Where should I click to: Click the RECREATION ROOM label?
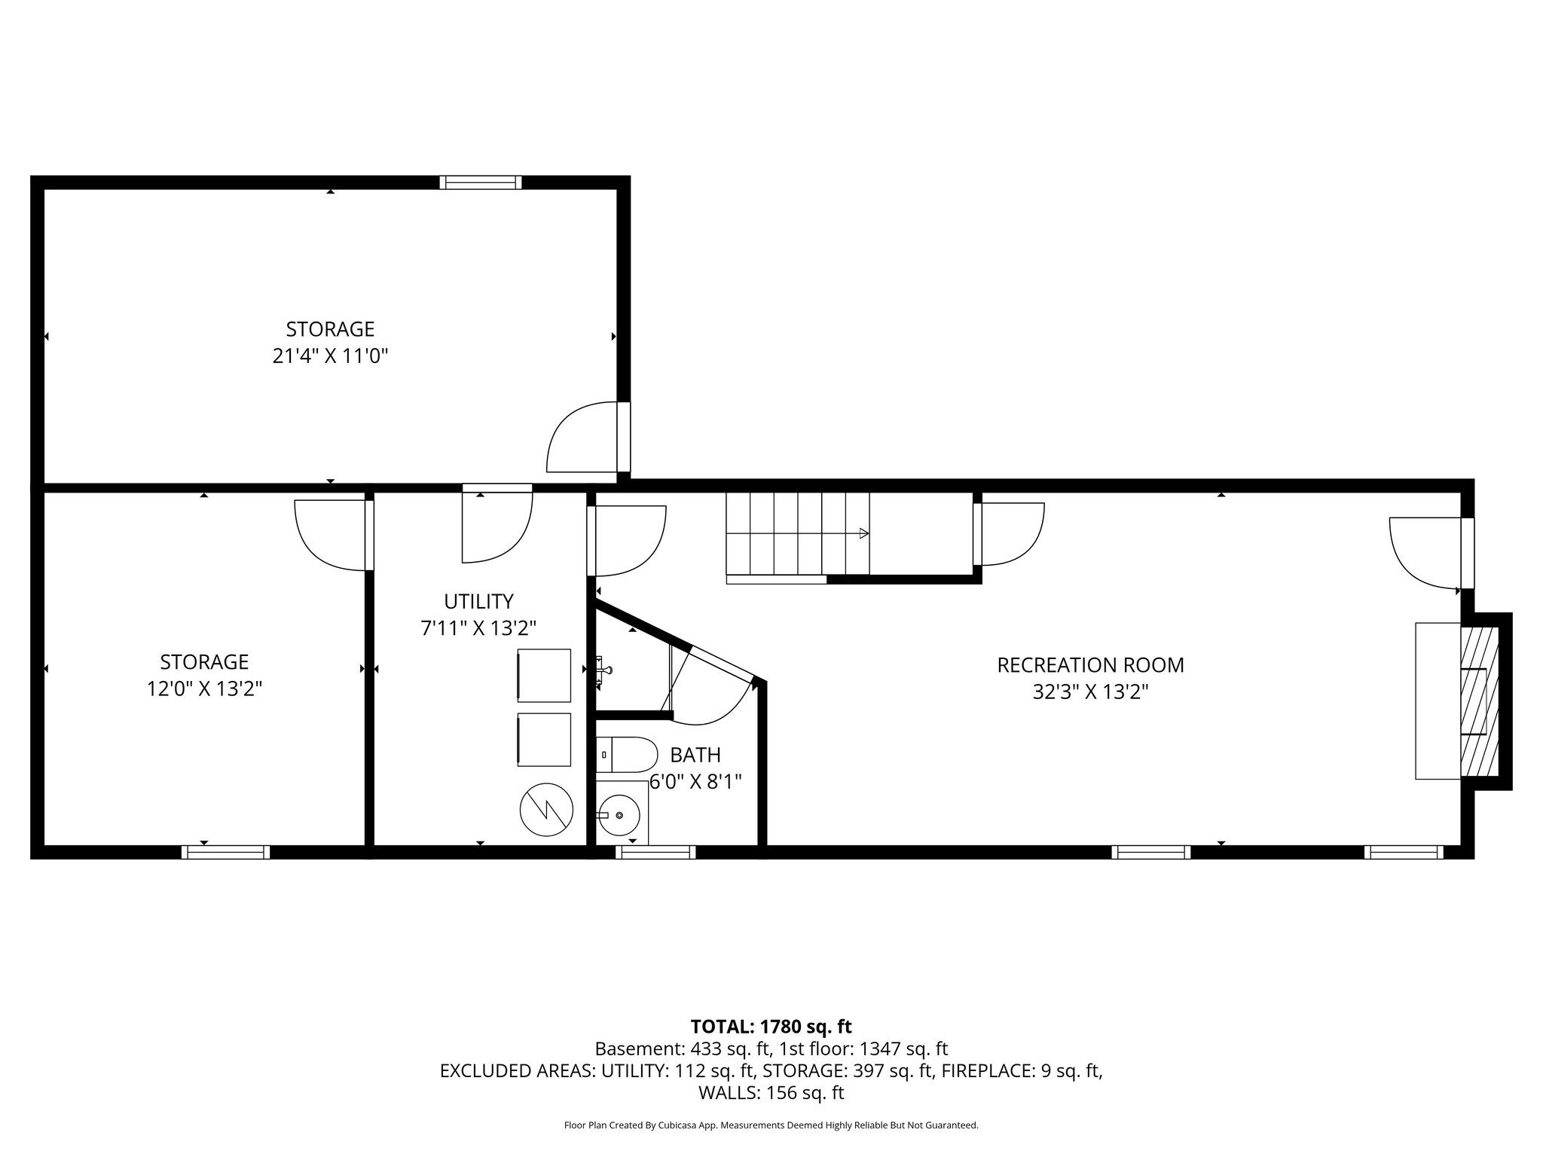coord(1090,665)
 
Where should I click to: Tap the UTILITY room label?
coord(478,601)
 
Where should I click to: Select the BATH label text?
coord(695,755)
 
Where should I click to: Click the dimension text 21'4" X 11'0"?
coord(330,356)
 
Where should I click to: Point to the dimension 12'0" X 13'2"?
coord(204,688)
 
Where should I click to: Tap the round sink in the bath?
coord(620,814)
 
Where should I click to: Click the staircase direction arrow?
coord(863,533)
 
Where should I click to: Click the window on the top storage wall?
coord(481,182)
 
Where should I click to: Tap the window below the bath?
coord(655,852)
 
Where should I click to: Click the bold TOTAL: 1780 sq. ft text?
coord(771,1026)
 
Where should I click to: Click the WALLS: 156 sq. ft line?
coord(771,1092)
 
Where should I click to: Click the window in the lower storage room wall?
coord(225,852)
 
